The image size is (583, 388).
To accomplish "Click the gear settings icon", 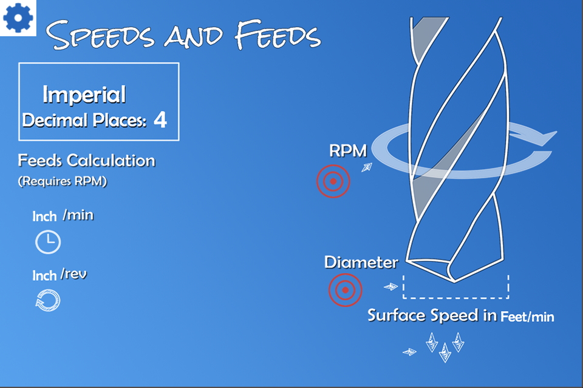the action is (18, 18).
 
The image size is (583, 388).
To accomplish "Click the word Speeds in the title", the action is (100, 35).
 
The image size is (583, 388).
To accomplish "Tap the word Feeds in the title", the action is (278, 35).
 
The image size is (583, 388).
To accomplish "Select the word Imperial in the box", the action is (84, 95).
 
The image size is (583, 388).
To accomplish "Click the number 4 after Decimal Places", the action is (160, 119).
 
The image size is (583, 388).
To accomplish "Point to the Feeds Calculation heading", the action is (87, 161).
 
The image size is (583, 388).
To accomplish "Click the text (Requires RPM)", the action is (63, 181).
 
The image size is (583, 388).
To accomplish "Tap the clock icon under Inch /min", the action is (48, 242).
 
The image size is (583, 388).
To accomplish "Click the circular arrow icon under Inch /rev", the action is (48, 300).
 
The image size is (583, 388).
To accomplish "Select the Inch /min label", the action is (63, 215).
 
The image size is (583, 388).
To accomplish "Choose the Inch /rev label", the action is (60, 275).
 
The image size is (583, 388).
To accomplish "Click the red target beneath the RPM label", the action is (333, 181).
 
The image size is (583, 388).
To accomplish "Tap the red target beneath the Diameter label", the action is (345, 290).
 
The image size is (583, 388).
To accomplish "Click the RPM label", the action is (348, 151).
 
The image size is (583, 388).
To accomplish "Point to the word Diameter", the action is (361, 262).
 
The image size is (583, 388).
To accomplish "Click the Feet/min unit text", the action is (527, 316).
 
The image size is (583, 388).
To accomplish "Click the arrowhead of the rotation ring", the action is (547, 138).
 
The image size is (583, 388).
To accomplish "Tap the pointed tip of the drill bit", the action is (454, 283).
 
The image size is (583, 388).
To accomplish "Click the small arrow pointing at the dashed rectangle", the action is (390, 287).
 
